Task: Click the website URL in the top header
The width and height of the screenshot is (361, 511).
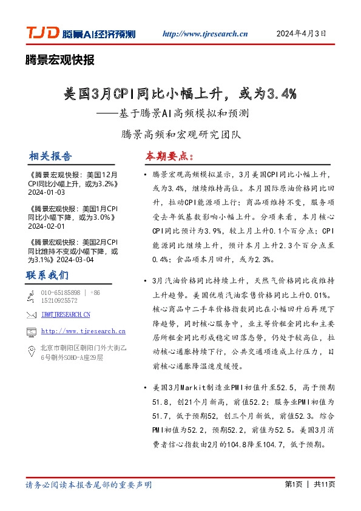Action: (206, 34)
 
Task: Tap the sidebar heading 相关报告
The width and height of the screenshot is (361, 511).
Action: (50, 156)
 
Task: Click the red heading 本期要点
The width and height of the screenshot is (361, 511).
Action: (168, 156)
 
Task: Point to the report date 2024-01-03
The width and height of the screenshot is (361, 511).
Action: (46, 191)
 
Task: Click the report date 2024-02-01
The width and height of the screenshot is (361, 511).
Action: (46, 225)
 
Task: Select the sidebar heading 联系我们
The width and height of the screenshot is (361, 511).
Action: (47, 275)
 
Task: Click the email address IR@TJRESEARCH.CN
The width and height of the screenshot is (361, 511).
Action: (66, 314)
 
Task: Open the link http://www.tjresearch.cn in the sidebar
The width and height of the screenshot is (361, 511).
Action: (84, 331)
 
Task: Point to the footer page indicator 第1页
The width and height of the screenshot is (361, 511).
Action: (294, 484)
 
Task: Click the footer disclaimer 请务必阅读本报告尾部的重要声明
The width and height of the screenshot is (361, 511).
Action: (89, 485)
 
